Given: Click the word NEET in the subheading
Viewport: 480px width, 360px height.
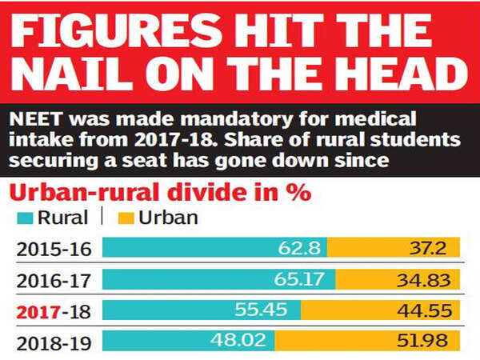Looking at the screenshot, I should click(x=34, y=120).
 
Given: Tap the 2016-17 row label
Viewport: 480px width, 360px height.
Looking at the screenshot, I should click(x=53, y=280).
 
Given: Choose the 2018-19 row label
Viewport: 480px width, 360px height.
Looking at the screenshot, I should click(x=53, y=342).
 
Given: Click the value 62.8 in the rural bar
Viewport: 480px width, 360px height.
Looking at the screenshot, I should click(x=299, y=248).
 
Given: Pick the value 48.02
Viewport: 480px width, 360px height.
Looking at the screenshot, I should click(x=237, y=342).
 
